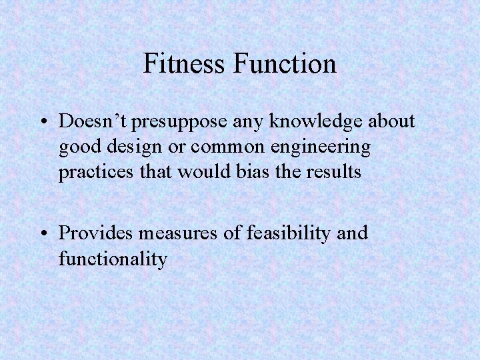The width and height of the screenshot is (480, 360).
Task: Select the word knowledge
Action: [306, 121]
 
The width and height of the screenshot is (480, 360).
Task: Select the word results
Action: [333, 172]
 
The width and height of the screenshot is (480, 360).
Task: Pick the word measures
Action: [178, 233]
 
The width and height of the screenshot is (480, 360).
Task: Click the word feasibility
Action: [285, 233]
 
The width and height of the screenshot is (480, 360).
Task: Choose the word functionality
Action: [113, 258]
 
